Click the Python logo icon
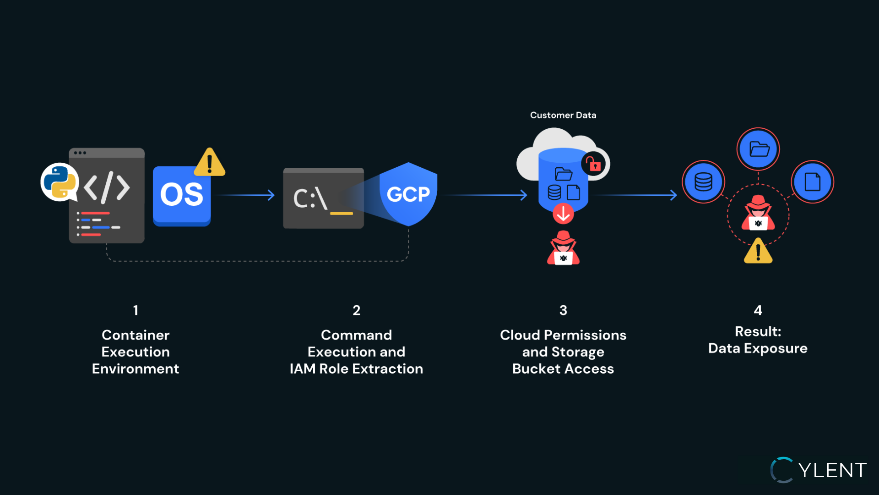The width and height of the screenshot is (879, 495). pyautogui.click(x=60, y=182)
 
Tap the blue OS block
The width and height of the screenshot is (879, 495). pyautogui.click(x=182, y=196)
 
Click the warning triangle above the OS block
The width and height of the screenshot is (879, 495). pyautogui.click(x=210, y=163)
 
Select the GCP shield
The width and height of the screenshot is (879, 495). pyautogui.click(x=408, y=194)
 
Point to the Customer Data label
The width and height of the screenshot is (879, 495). pyautogui.click(x=563, y=115)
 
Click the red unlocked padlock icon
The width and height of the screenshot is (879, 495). pyautogui.click(x=594, y=164)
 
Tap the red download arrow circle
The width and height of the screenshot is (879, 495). pyautogui.click(x=563, y=213)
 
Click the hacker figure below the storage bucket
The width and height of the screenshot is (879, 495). pyautogui.click(x=563, y=248)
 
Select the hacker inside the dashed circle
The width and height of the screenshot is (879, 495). pyautogui.click(x=758, y=213)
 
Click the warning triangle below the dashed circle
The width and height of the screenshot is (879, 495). pyautogui.click(x=758, y=251)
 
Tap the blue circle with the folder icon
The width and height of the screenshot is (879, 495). pyautogui.click(x=759, y=149)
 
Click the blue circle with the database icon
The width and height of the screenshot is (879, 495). pyautogui.click(x=703, y=182)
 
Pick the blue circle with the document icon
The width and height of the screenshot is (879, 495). pyautogui.click(x=812, y=182)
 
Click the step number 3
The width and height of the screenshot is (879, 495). pyautogui.click(x=563, y=310)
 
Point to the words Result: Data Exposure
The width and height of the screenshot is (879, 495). pyautogui.click(x=758, y=340)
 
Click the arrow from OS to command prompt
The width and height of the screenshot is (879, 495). pyautogui.click(x=245, y=195)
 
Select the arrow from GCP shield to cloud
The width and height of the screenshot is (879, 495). pyautogui.click(x=485, y=195)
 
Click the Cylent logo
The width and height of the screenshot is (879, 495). pyautogui.click(x=819, y=470)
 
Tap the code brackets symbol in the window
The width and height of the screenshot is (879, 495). pyautogui.click(x=107, y=187)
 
